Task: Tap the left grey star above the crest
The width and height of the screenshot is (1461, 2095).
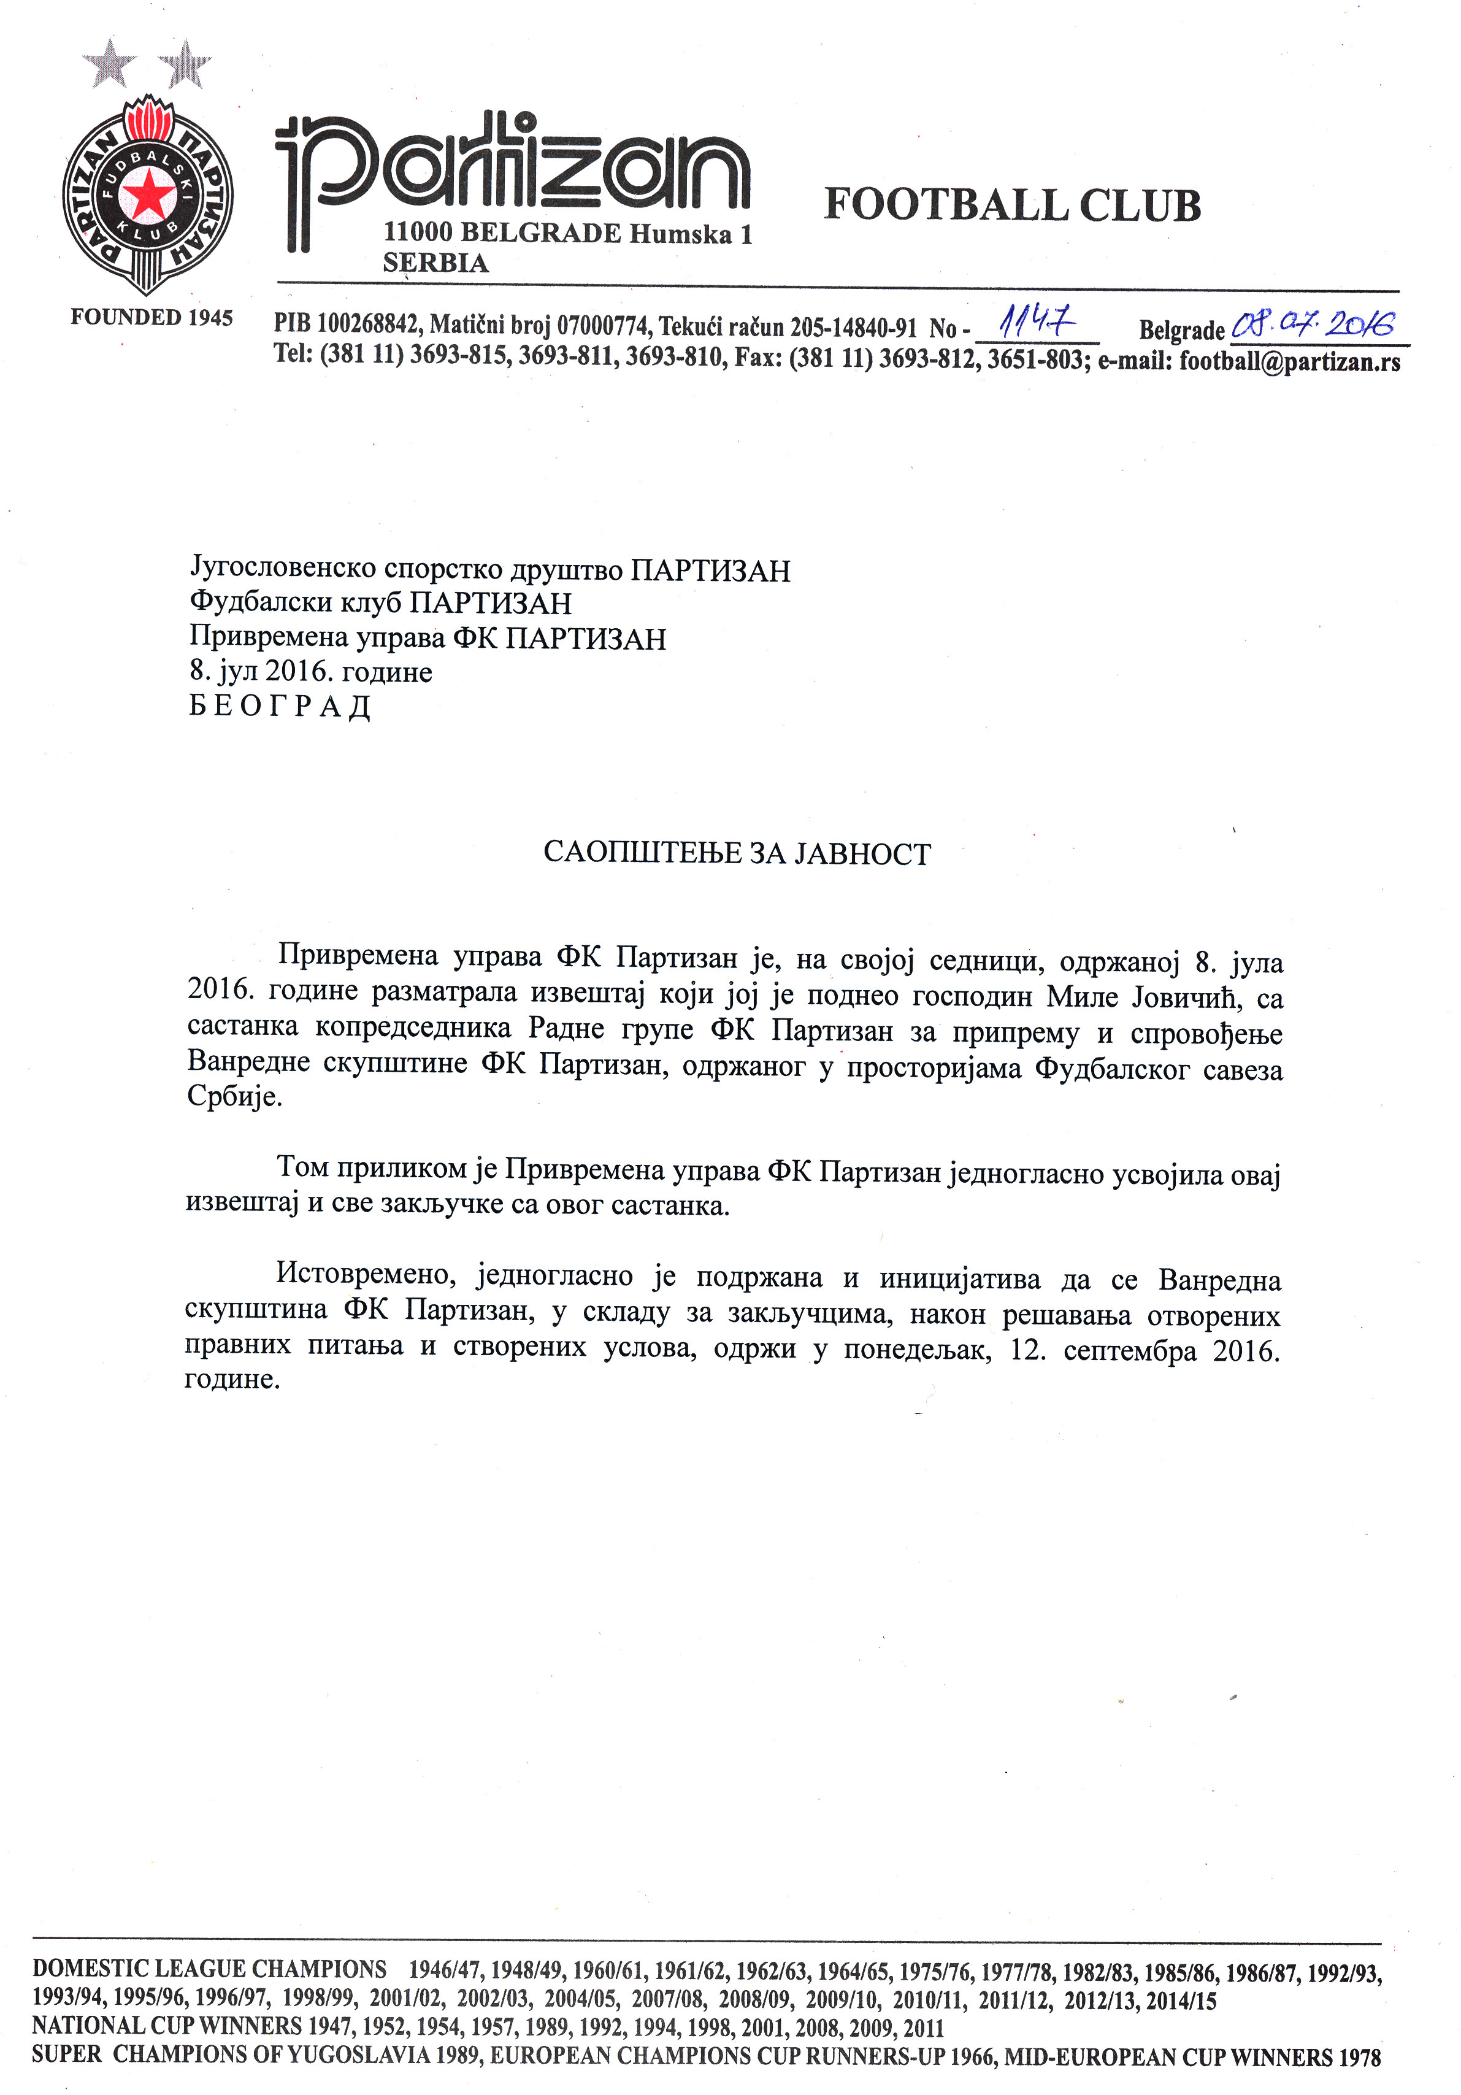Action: tap(110, 63)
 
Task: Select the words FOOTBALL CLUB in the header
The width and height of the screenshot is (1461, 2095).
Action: tap(1012, 206)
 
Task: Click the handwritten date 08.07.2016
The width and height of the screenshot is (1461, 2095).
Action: tap(1313, 324)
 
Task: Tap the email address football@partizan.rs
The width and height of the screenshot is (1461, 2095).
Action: tap(1289, 362)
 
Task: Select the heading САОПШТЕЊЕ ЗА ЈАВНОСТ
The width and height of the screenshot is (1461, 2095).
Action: tap(737, 853)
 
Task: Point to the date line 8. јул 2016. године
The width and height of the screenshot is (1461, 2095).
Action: tap(310, 672)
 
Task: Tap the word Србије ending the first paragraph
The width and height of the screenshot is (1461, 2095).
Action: tap(234, 1096)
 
